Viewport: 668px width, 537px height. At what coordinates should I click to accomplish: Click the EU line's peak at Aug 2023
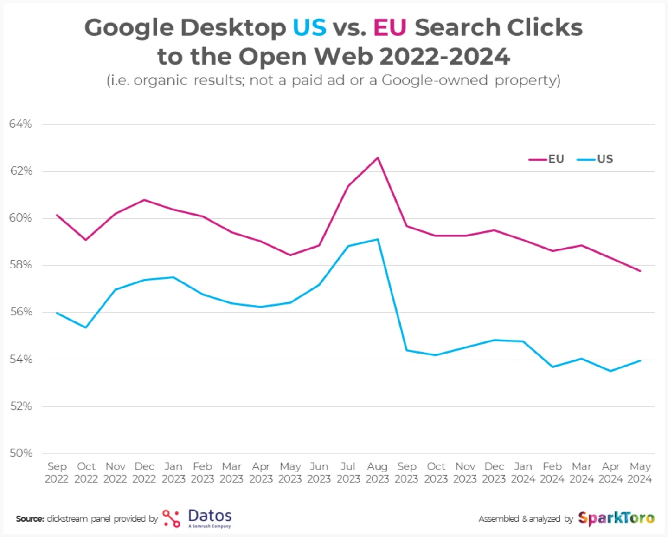coord(378,158)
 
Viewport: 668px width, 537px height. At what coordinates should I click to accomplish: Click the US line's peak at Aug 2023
coord(378,239)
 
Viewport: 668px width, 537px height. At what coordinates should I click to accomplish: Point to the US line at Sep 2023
coord(407,350)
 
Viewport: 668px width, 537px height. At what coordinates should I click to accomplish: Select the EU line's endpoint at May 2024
coord(640,271)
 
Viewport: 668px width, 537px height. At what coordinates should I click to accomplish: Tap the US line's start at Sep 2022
coord(57,313)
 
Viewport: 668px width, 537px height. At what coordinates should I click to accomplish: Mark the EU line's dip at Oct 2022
coord(86,240)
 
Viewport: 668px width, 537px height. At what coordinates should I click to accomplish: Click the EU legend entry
coord(547,159)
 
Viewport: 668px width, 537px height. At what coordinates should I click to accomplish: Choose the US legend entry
coord(596,159)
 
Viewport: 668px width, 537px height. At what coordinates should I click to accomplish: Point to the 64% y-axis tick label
coord(20,124)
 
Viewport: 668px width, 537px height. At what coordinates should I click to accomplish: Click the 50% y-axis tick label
coord(20,453)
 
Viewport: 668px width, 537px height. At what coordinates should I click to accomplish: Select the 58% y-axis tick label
coord(20,265)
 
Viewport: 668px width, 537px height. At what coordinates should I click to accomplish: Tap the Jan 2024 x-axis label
coord(523,472)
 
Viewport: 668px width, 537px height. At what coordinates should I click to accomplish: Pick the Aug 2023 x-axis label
coord(377,472)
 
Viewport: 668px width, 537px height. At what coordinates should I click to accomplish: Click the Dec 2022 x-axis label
coord(144,472)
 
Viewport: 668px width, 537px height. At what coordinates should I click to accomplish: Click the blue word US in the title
coord(309,28)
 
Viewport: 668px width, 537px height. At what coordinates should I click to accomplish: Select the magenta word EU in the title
coord(390,28)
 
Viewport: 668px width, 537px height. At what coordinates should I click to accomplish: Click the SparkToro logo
coord(616,518)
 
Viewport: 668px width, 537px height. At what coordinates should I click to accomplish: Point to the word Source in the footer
coord(30,519)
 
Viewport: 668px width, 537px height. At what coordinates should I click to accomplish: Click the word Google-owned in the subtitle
coord(435,80)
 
